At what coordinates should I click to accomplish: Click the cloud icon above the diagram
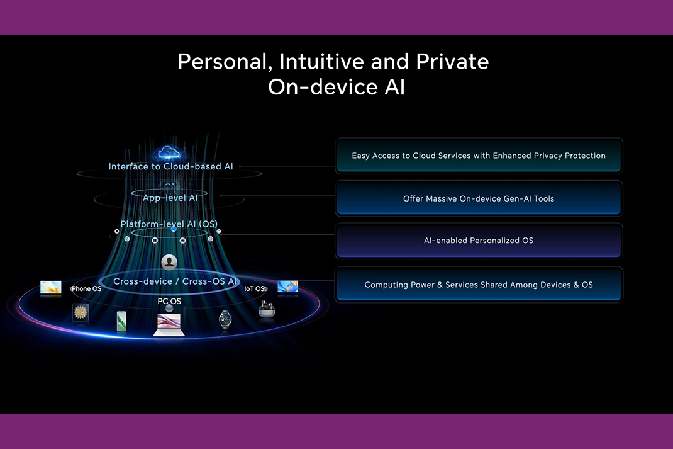point(169,152)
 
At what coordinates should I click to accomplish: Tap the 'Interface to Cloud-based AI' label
point(171,166)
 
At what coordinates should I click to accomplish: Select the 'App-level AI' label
point(170,198)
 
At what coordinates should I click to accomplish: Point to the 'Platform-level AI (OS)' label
point(169,224)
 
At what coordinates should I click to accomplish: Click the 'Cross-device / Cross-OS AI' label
point(175,281)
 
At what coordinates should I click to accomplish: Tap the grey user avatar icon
point(169,262)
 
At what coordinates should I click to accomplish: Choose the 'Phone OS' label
point(86,289)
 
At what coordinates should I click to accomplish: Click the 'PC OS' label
point(169,301)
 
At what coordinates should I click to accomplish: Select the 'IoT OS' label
point(255,289)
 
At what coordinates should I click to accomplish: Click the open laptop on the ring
point(169,325)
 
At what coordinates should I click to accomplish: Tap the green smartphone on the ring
point(121,321)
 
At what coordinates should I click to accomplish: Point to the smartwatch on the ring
point(225,319)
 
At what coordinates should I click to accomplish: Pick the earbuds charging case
point(267,309)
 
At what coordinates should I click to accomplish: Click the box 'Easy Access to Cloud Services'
point(479,156)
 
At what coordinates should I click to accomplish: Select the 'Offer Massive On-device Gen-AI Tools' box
point(479,198)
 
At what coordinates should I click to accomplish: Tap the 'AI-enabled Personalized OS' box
point(479,241)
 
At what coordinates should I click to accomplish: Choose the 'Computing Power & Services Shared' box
point(479,285)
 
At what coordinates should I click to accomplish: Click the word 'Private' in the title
point(452,62)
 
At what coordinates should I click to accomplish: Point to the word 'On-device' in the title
point(322,87)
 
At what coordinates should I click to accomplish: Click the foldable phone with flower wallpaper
point(81,312)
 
